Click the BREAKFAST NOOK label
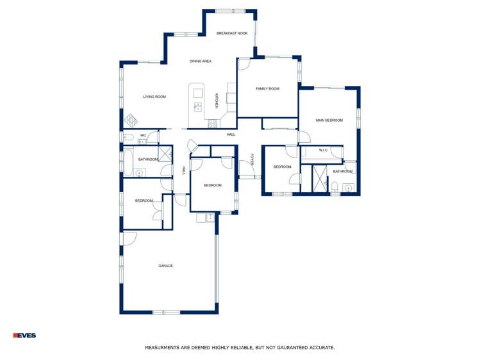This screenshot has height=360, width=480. pyautogui.click(x=231, y=33)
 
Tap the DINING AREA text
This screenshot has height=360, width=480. pyautogui.click(x=201, y=61)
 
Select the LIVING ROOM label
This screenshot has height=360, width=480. pyautogui.click(x=154, y=97)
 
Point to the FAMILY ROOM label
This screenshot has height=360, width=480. pyautogui.click(x=267, y=89)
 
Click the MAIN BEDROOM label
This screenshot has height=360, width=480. pyautogui.click(x=329, y=120)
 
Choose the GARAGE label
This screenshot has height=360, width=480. pyautogui.click(x=165, y=266)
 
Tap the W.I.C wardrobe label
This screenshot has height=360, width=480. pyautogui.click(x=323, y=151)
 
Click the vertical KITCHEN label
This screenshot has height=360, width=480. pyautogui.click(x=217, y=101)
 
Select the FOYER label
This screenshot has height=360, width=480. pyautogui.click(x=252, y=160)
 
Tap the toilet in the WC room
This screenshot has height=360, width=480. pyautogui.click(x=128, y=137)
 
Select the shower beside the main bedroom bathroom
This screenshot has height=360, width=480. pyautogui.click(x=320, y=179)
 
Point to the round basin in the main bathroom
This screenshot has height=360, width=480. pyautogui.click(x=348, y=188)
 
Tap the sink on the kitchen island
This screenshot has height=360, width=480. pyautogui.click(x=198, y=106)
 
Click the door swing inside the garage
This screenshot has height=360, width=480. pyautogui.click(x=129, y=238)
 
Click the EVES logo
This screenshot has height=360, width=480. pyautogui.click(x=24, y=335)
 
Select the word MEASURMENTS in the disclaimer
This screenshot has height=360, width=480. pyautogui.click(x=164, y=348)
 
